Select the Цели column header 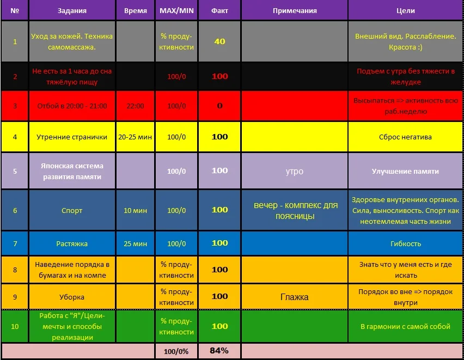(x=405, y=10)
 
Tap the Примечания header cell (x=295, y=10)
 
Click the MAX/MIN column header (x=177, y=10)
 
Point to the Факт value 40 (x=219, y=41)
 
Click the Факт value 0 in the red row (x=219, y=106)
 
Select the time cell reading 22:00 (x=135, y=106)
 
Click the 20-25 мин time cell (x=135, y=137)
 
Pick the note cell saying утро (x=295, y=171)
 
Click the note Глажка (x=295, y=297)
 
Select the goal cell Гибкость (x=405, y=243)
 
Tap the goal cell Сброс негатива (x=405, y=137)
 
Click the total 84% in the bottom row (x=219, y=351)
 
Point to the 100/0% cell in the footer (x=177, y=351)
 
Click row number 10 (x=15, y=326)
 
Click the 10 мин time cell (x=135, y=210)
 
